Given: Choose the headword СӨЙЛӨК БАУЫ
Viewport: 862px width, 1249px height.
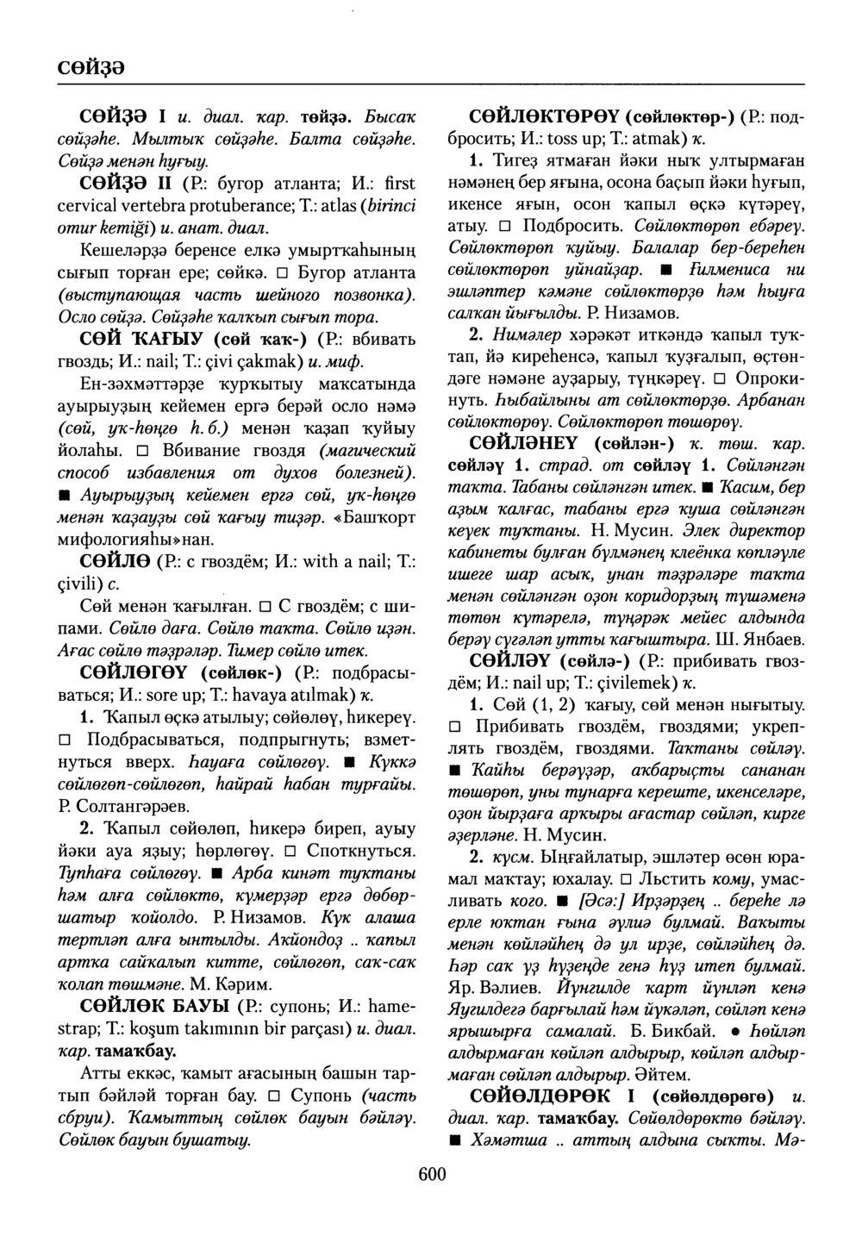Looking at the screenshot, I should pos(154,1006).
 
